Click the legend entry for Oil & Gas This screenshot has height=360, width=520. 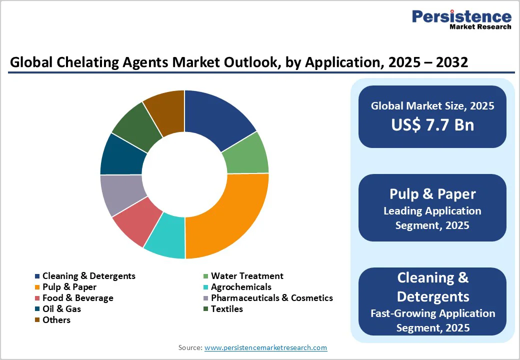(x=61, y=309)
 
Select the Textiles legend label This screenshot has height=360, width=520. (x=226, y=309)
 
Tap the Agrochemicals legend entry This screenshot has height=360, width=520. (x=240, y=287)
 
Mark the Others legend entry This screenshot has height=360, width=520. (x=56, y=320)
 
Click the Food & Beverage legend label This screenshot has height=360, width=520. (x=77, y=298)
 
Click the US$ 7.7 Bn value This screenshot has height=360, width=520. (x=432, y=124)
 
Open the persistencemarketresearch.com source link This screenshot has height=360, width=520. (x=265, y=347)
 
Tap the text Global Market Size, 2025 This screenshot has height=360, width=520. (x=432, y=105)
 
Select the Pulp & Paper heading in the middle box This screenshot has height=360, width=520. (x=432, y=194)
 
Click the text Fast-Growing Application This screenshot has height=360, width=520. (x=432, y=313)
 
